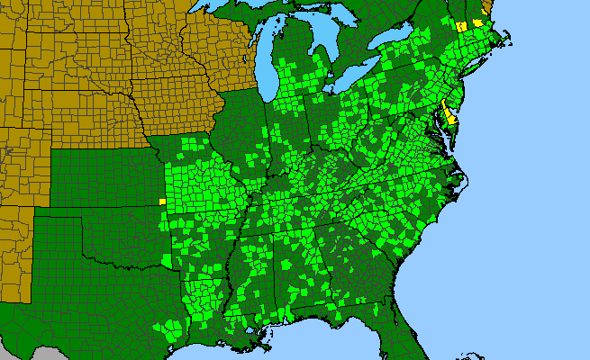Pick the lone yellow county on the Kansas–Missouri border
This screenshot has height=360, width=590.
click(162, 202)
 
